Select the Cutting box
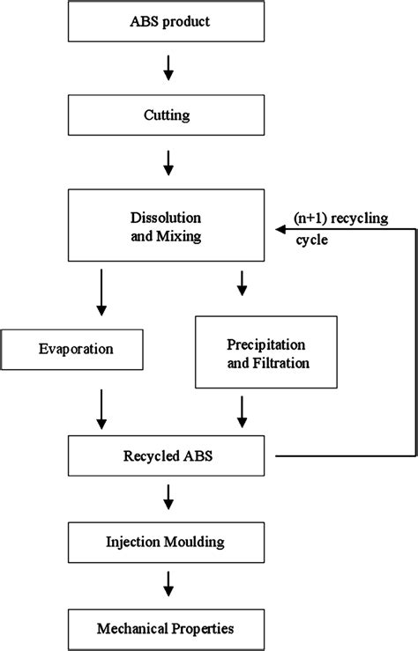[166, 114]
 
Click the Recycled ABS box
[166, 455]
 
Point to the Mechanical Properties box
[166, 629]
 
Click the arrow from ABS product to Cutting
[168, 68]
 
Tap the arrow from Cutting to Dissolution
[168, 162]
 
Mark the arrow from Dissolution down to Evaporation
[102, 295]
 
